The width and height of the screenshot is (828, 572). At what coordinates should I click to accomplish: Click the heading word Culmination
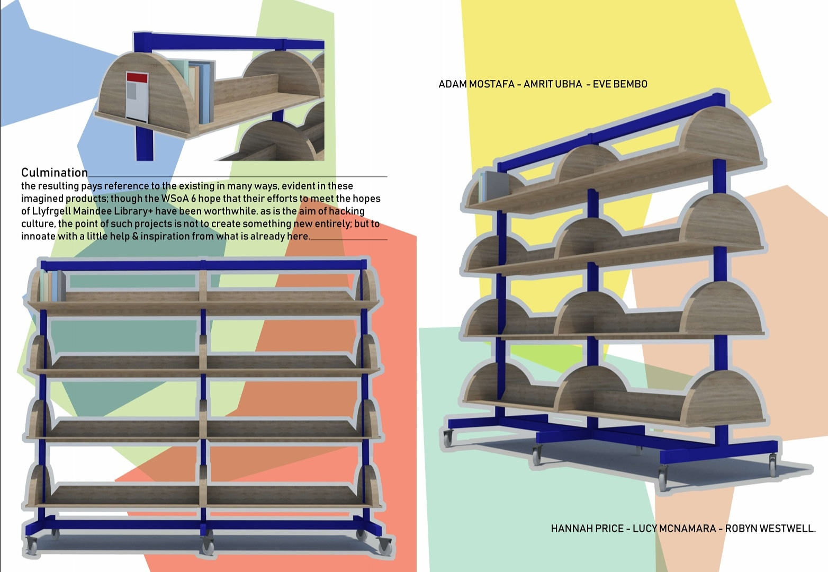55,173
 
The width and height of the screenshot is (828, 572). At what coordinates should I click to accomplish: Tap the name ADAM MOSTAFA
476,84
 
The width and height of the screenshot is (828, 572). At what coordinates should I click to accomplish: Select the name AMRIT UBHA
553,84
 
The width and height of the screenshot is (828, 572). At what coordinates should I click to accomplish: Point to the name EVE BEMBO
620,84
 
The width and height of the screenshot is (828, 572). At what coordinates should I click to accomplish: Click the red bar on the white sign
137,78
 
